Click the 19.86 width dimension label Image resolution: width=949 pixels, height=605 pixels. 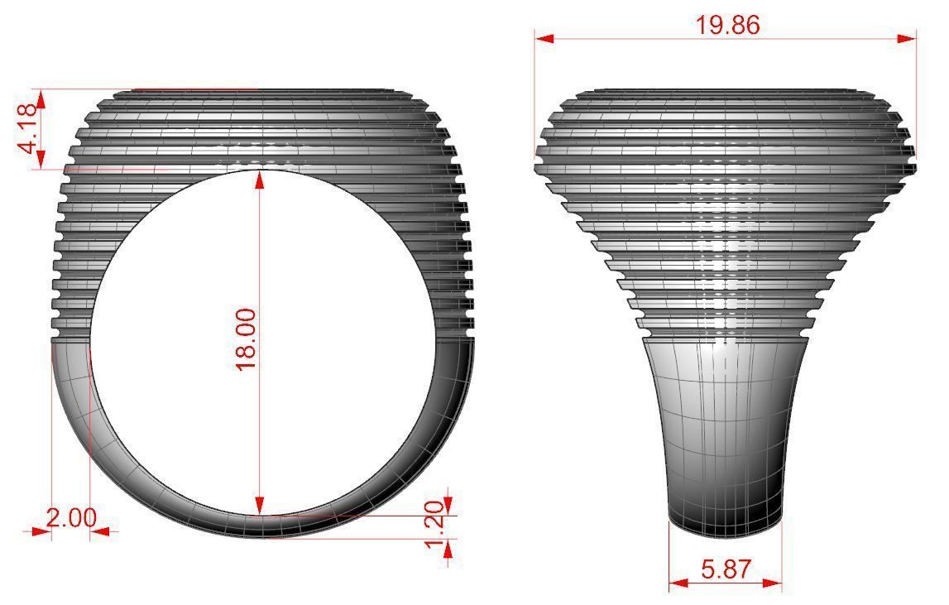726,25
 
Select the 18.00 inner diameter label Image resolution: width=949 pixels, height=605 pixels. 247,339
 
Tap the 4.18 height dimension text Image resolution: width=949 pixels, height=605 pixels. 28,128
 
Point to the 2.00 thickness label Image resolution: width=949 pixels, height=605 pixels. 70,519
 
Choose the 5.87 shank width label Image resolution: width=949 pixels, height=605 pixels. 726,569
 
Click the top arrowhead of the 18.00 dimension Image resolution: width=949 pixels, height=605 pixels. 261,177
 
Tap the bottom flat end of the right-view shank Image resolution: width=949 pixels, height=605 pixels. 725,523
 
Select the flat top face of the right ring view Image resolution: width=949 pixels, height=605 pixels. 726,89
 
